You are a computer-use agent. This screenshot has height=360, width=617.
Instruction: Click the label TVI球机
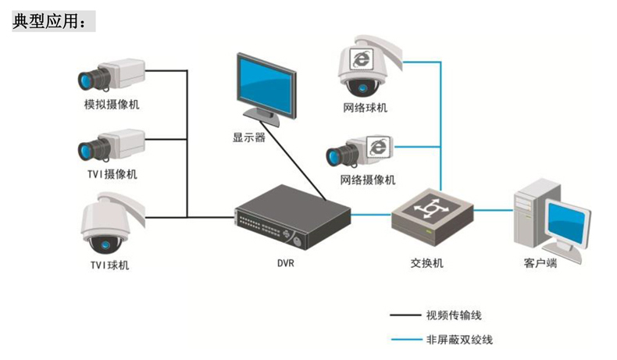[x=109, y=265]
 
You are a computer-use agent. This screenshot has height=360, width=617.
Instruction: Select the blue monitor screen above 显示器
[x=267, y=85]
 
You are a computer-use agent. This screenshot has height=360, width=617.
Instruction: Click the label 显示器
[x=248, y=137]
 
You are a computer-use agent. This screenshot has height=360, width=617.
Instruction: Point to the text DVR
[x=285, y=264]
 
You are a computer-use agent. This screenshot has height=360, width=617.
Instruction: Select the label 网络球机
[x=365, y=108]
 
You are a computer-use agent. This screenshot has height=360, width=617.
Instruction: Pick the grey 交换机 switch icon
[x=432, y=210]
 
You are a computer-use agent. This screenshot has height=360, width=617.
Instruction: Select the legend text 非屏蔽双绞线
[x=460, y=340]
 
